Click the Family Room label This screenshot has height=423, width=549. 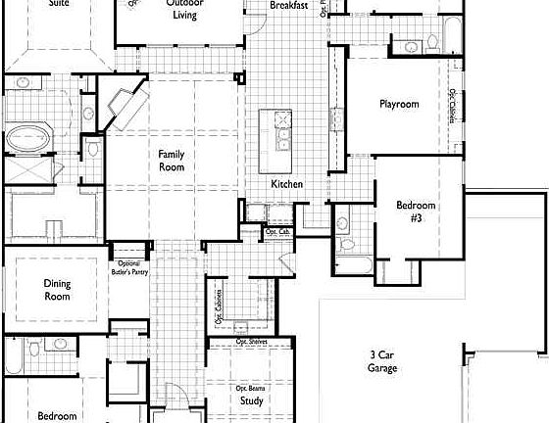click(173, 160)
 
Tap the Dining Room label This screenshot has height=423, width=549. click(57, 289)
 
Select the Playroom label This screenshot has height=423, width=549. click(399, 104)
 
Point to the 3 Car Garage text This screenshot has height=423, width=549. click(383, 362)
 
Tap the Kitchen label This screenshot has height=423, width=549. click(286, 185)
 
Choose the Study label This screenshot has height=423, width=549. click(250, 401)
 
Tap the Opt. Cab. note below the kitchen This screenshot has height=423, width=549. click(277, 232)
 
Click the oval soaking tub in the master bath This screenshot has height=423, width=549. click(28, 139)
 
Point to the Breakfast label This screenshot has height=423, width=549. click(288, 6)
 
